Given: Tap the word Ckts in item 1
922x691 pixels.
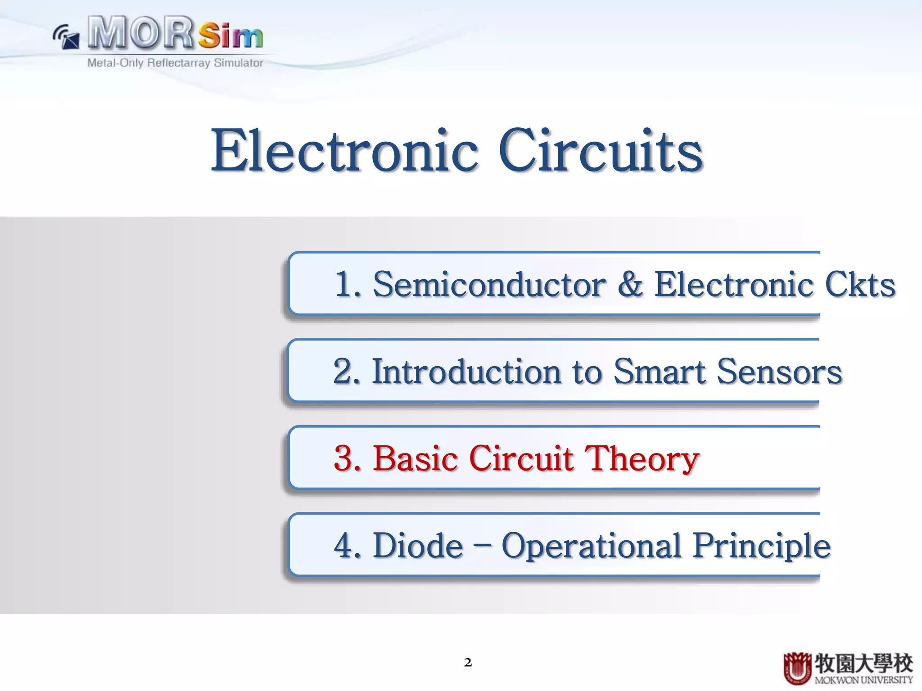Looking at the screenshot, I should point(860,285).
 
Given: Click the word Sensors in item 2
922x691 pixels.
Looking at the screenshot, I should point(779,372).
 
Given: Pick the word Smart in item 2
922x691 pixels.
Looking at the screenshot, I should point(660,372).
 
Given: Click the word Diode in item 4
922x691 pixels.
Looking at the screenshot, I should point(418,546).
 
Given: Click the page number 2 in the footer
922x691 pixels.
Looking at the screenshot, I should point(468,662).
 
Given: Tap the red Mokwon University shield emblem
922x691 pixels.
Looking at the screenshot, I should point(797,669).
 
